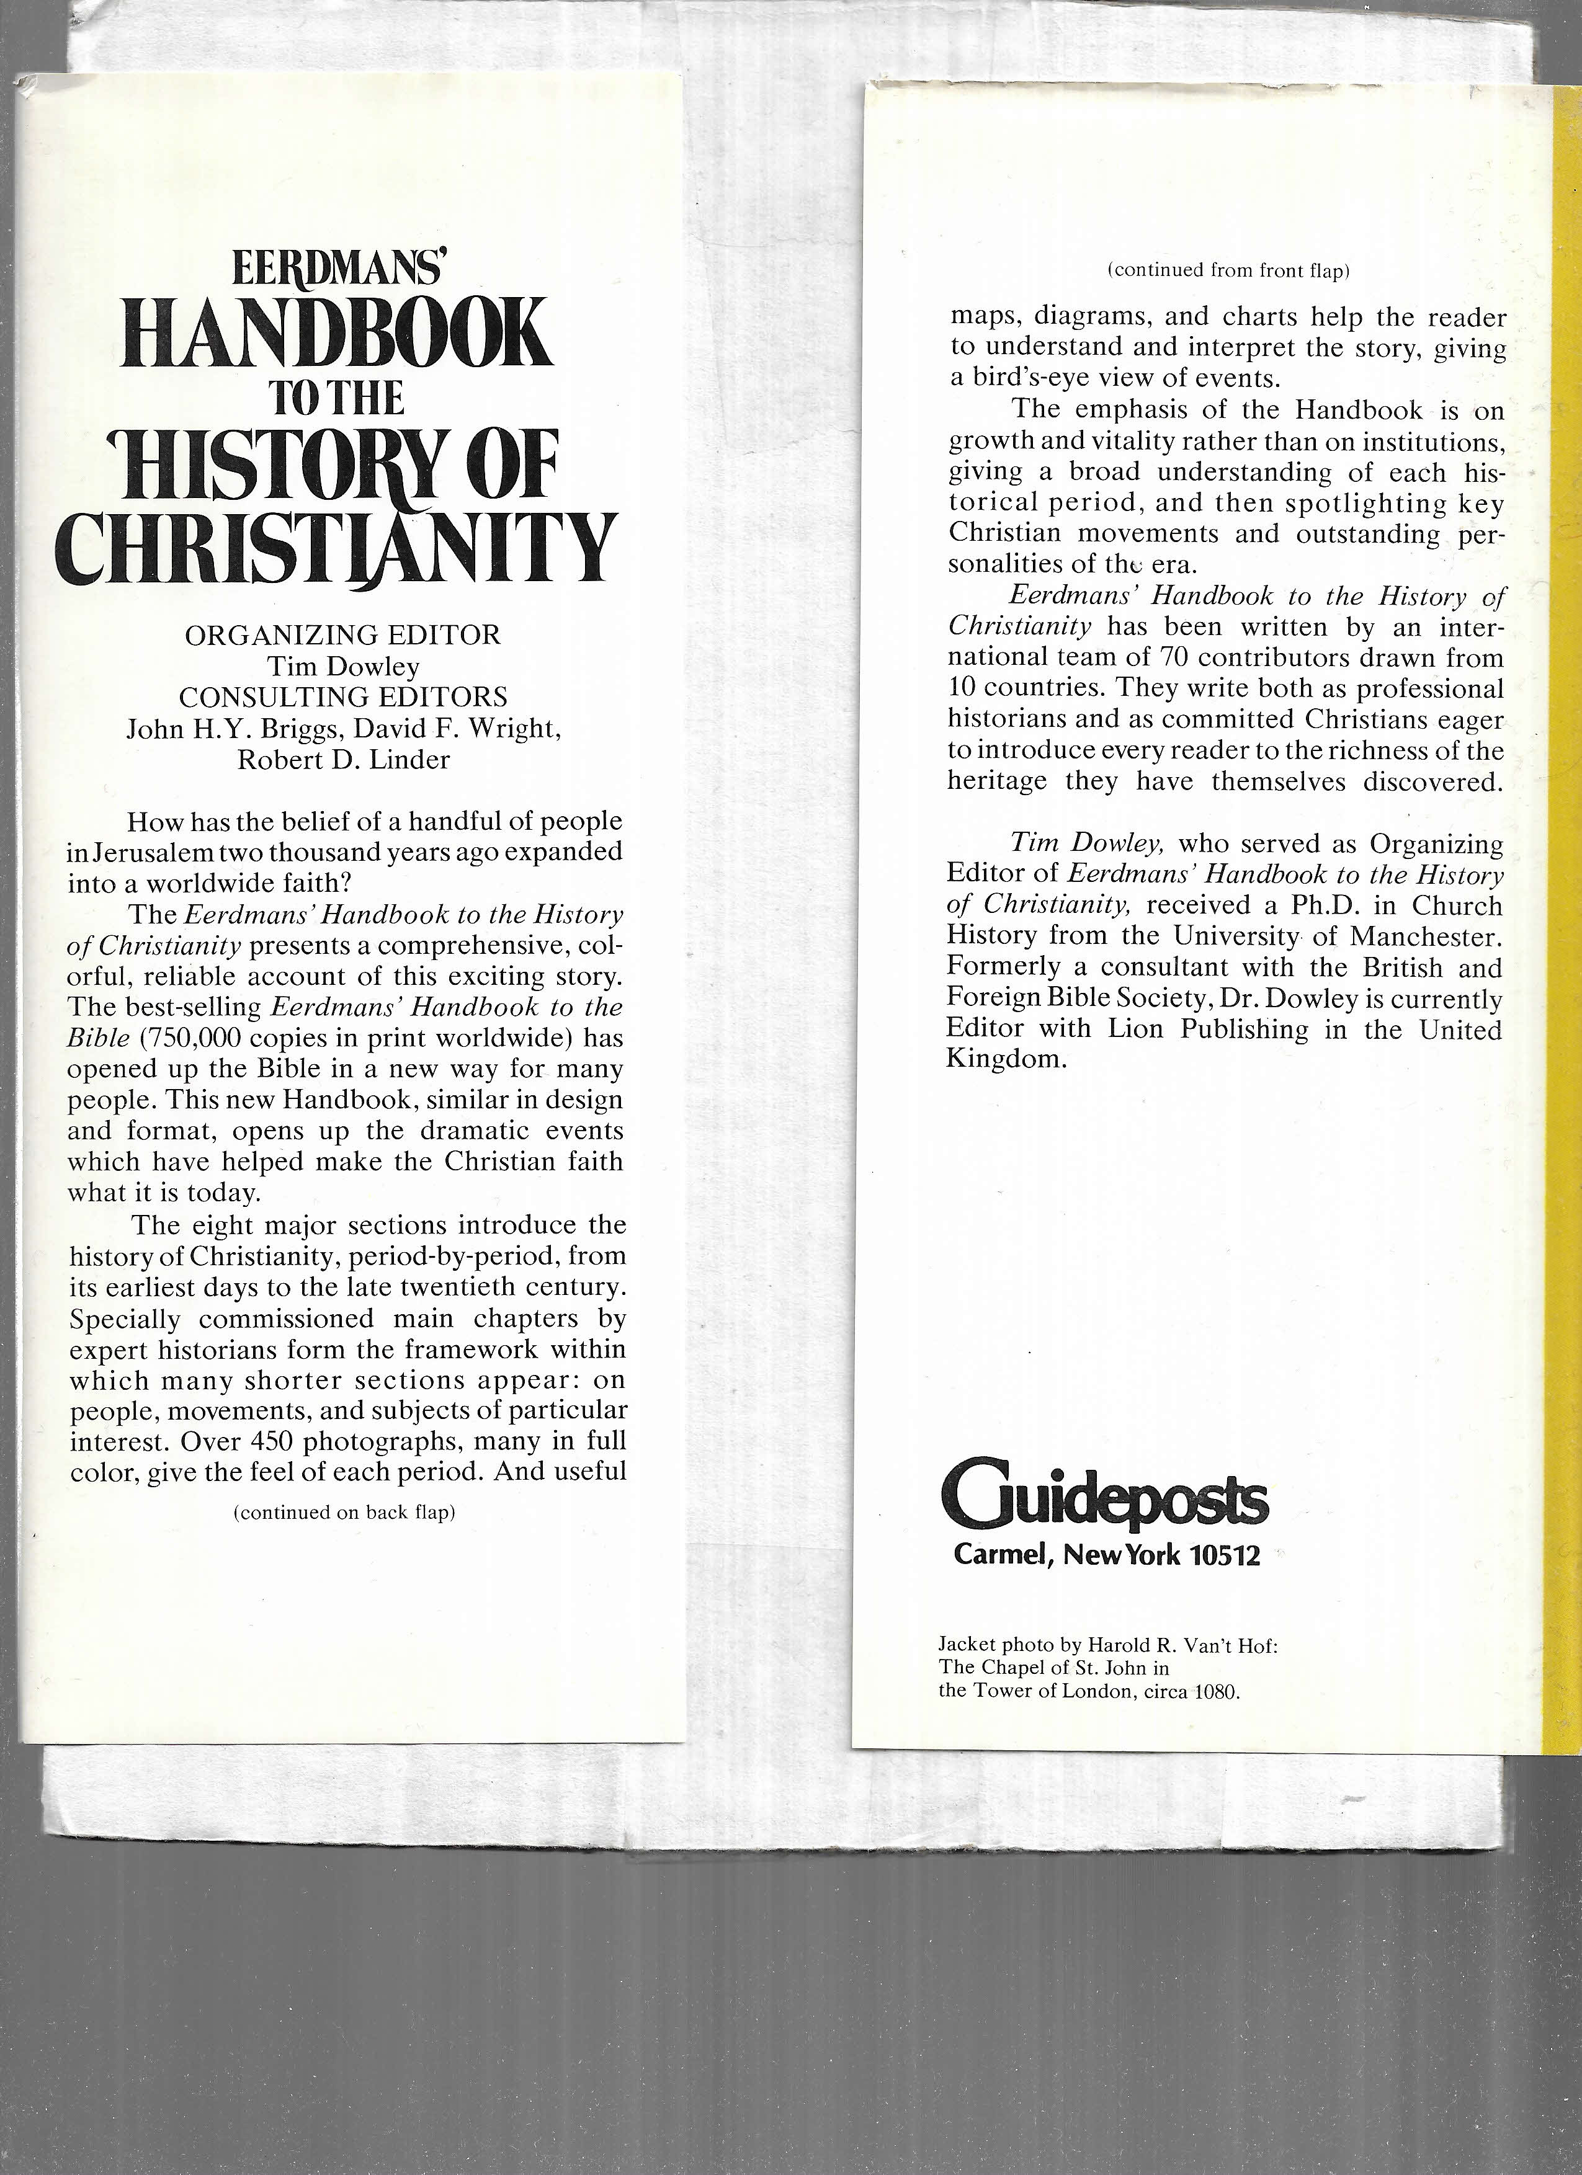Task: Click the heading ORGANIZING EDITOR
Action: click(342, 635)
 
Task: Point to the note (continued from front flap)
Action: click(1228, 270)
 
